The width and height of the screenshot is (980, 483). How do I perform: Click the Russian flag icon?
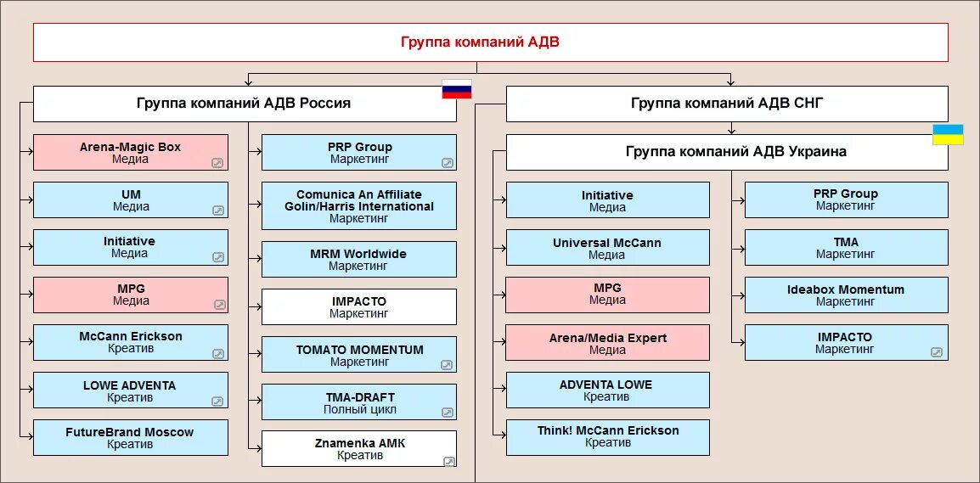[456, 89]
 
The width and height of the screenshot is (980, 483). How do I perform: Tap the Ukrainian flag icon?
[948, 135]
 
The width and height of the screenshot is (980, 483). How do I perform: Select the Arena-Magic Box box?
[131, 153]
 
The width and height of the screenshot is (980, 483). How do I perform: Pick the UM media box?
[131, 200]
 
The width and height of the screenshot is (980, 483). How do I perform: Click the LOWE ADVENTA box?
[131, 390]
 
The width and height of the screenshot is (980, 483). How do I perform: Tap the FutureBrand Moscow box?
[131, 438]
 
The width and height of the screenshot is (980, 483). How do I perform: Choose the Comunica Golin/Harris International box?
[359, 206]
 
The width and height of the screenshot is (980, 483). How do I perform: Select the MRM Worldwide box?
[359, 260]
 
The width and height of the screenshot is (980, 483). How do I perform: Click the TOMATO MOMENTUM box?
[359, 355]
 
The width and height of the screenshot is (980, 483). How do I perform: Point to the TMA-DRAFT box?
[359, 402]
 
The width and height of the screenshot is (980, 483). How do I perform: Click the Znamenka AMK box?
[359, 449]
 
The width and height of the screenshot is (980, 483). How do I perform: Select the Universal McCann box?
[607, 248]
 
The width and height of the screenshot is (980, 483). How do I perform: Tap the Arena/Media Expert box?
[607, 343]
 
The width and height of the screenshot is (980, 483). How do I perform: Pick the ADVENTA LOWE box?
[607, 390]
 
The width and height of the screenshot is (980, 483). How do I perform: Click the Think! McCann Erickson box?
[607, 436]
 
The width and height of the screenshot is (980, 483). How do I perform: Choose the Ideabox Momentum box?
[846, 295]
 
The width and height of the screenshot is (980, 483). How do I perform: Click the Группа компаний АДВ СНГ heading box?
[727, 104]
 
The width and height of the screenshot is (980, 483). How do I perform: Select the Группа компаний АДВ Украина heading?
[727, 152]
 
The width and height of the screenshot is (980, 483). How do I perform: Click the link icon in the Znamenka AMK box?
[448, 461]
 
